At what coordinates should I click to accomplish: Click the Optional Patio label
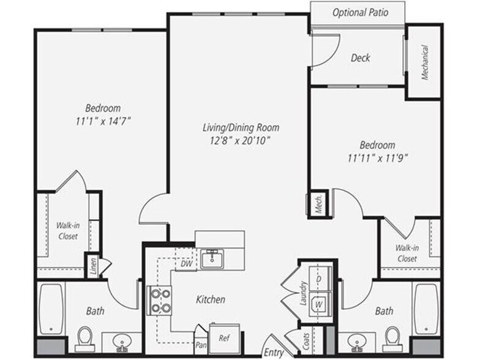point(359,12)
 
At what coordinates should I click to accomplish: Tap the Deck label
point(360,58)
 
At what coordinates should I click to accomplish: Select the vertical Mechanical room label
point(424,62)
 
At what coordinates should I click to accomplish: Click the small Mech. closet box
point(319,204)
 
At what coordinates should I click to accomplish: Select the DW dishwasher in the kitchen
point(187,264)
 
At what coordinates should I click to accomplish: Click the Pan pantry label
point(200,345)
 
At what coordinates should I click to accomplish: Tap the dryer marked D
point(318,279)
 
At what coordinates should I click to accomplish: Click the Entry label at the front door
point(273,352)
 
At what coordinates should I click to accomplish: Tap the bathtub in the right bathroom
point(426,309)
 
